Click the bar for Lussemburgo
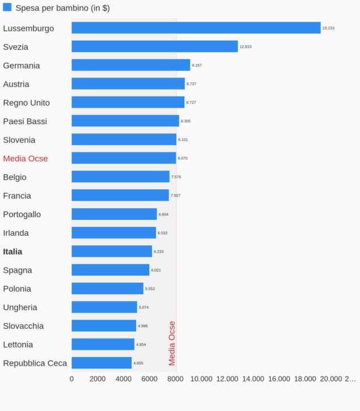[x=196, y=28]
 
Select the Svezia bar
[x=154, y=46]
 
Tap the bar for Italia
[x=112, y=251]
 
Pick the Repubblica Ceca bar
[x=101, y=363]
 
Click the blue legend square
[x=7, y=7]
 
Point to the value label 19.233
[x=328, y=28]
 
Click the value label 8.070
[x=183, y=158]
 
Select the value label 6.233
[x=159, y=251]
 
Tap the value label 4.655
[x=138, y=363]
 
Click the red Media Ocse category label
[x=26, y=159]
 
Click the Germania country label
[x=22, y=66]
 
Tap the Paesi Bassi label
[x=25, y=121]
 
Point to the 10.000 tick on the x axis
[x=201, y=379]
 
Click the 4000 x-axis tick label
[x=124, y=379]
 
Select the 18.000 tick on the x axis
[x=305, y=379]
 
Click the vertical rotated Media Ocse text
[x=172, y=344]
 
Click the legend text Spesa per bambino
[x=62, y=8]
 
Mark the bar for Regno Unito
[x=128, y=102]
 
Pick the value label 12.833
[x=245, y=46]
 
